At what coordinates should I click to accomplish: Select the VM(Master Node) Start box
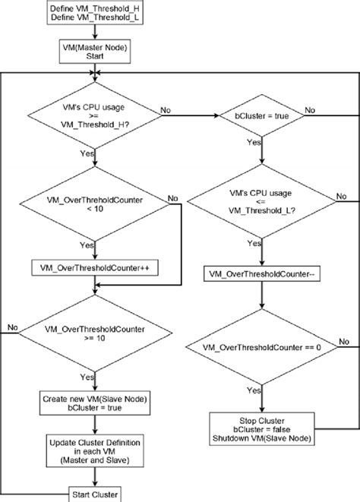[94, 51]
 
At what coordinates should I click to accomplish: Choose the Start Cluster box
[94, 494]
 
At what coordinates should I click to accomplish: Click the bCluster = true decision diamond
[261, 115]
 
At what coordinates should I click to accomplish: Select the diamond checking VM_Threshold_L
[261, 200]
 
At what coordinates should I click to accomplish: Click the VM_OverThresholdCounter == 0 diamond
[261, 346]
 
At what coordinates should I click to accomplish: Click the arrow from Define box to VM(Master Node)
[94, 33]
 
